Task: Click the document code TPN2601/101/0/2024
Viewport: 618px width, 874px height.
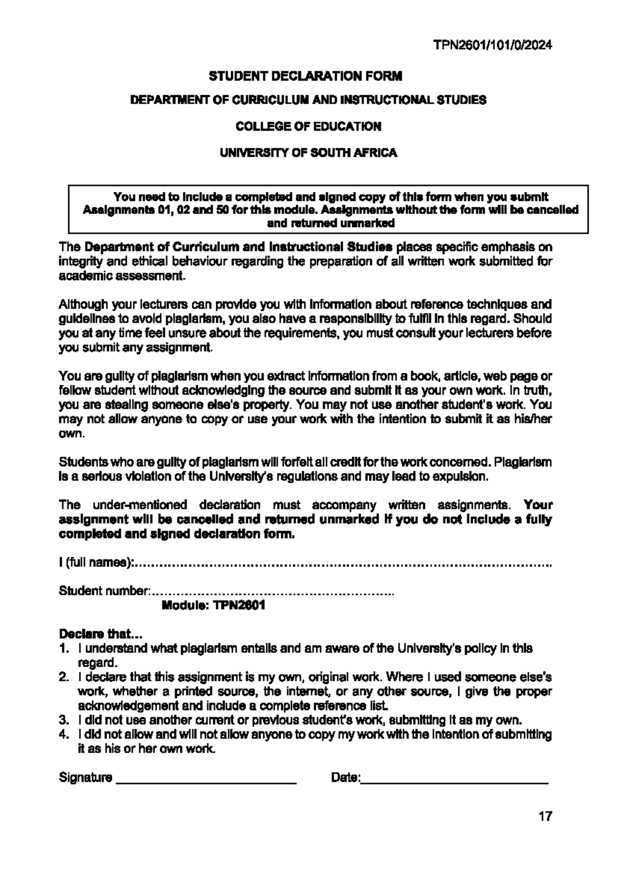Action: point(492,45)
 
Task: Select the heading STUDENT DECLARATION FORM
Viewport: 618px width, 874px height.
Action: point(305,76)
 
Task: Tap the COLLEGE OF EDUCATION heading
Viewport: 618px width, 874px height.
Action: point(308,126)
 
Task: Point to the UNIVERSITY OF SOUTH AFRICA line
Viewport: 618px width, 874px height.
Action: point(308,153)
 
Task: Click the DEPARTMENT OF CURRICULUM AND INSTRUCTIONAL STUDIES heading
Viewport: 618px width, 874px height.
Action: point(308,100)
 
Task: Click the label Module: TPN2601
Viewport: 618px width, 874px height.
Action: point(213,605)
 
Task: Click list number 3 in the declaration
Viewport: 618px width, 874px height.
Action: point(63,720)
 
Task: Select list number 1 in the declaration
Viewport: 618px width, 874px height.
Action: point(63,648)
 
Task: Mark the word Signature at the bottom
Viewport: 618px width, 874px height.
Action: point(85,778)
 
